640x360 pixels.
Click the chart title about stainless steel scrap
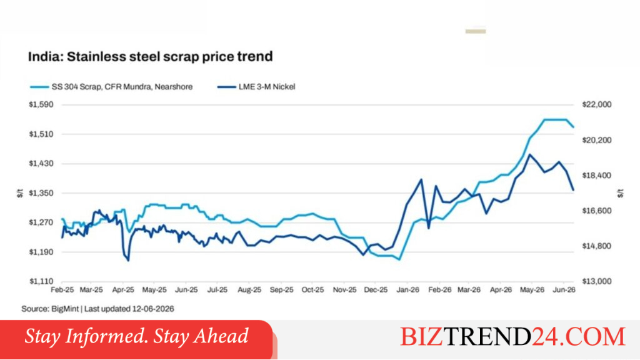(150, 56)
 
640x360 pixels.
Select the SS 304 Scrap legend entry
(111, 87)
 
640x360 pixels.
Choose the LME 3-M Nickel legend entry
(256, 87)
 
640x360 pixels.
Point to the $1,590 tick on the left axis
(41, 104)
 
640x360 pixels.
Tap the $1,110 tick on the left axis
(41, 281)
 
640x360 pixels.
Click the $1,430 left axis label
(41, 163)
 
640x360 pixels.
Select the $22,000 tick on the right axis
(597, 104)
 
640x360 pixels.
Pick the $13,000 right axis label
(597, 281)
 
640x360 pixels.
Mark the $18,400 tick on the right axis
(597, 176)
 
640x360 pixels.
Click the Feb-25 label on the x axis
(62, 290)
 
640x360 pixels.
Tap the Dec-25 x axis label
(376, 290)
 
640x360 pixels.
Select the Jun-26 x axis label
(564, 290)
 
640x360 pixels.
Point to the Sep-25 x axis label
(282, 290)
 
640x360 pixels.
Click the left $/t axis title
(20, 193)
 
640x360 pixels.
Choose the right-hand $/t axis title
(621, 193)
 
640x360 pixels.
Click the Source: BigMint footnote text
(98, 309)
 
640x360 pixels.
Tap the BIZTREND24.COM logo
(512, 337)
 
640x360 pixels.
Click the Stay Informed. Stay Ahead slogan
(136, 336)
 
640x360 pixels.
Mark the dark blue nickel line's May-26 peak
(530, 154)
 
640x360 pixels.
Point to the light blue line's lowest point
(399, 259)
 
